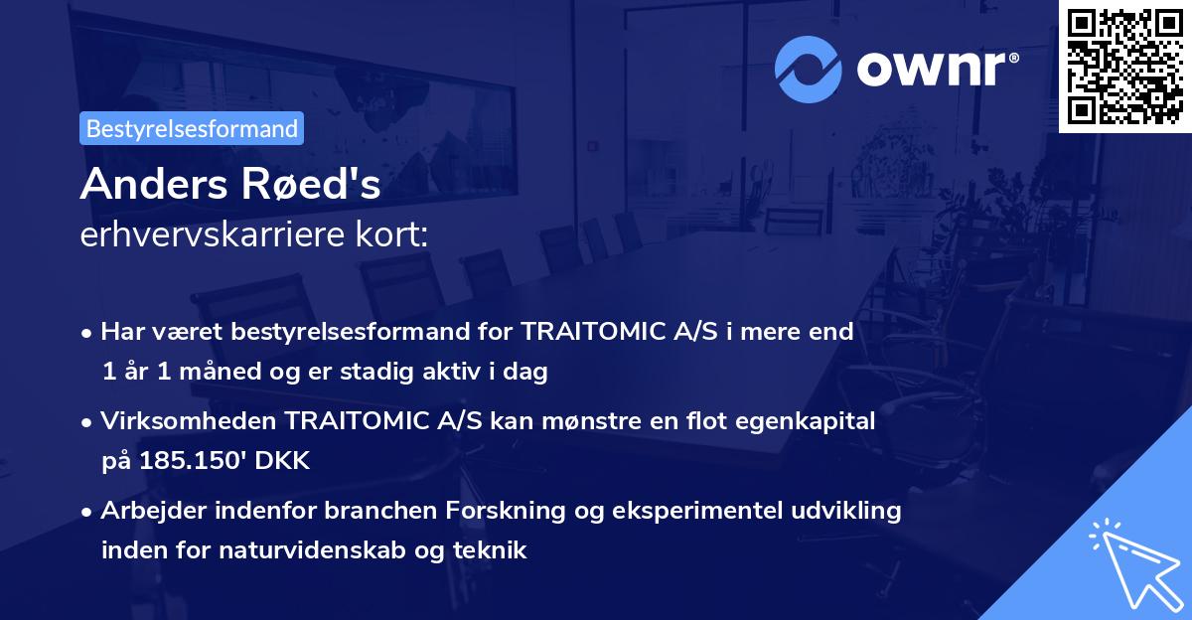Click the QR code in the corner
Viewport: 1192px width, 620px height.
coord(1125,66)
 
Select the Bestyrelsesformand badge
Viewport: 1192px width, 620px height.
coord(192,128)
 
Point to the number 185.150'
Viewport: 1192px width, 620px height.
coord(199,460)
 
